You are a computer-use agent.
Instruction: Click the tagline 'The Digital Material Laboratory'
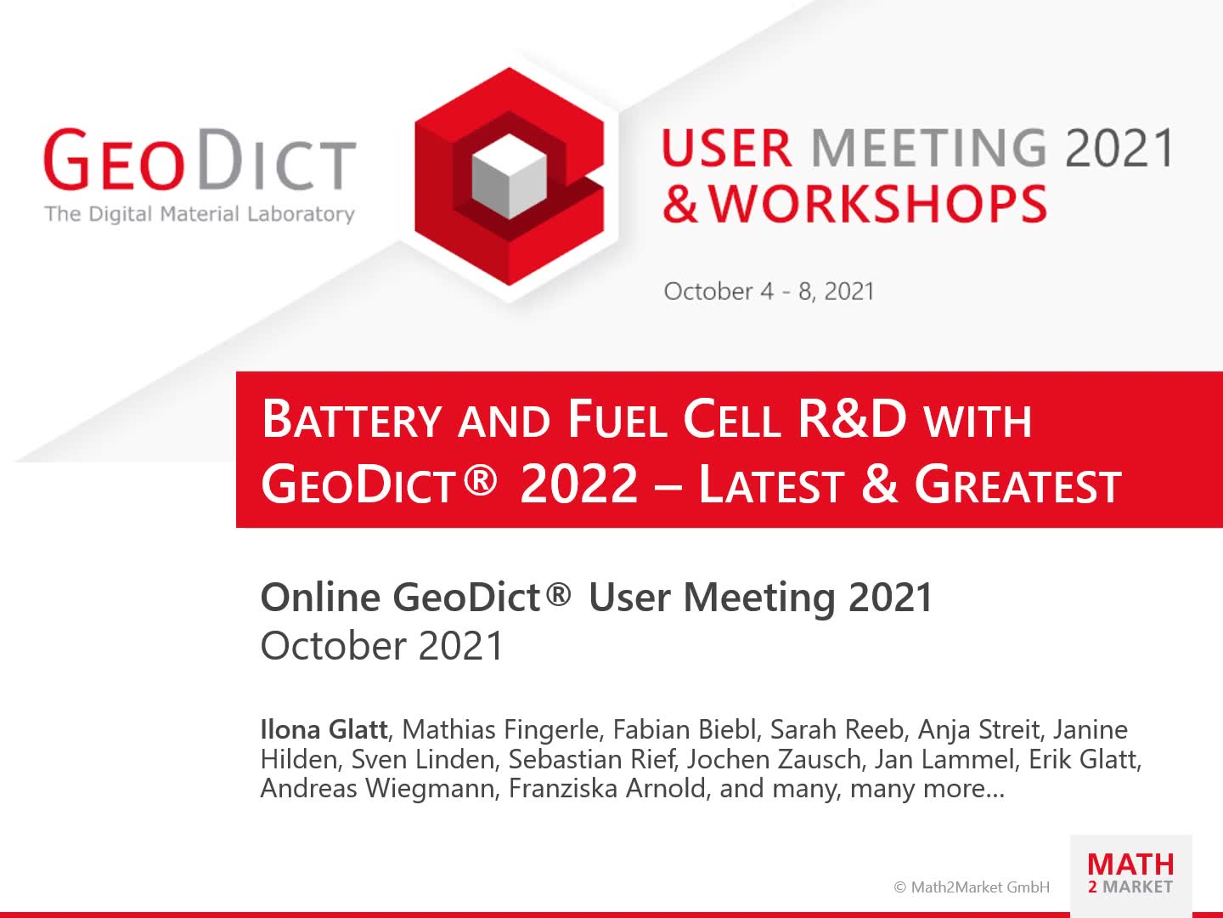(x=200, y=213)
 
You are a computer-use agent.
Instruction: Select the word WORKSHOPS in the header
(x=877, y=204)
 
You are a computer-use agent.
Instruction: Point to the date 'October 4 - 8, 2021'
(x=769, y=292)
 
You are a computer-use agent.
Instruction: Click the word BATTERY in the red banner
(x=352, y=420)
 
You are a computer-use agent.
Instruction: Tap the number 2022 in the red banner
(x=578, y=484)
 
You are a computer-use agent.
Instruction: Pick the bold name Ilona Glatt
(x=324, y=729)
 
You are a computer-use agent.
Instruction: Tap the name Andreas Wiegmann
(x=378, y=788)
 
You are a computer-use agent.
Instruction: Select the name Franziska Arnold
(x=607, y=788)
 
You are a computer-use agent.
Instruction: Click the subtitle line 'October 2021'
(x=382, y=646)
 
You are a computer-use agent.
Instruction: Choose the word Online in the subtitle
(x=320, y=598)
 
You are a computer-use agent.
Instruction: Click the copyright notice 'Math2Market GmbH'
(x=972, y=887)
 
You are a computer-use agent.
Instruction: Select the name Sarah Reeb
(x=837, y=729)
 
